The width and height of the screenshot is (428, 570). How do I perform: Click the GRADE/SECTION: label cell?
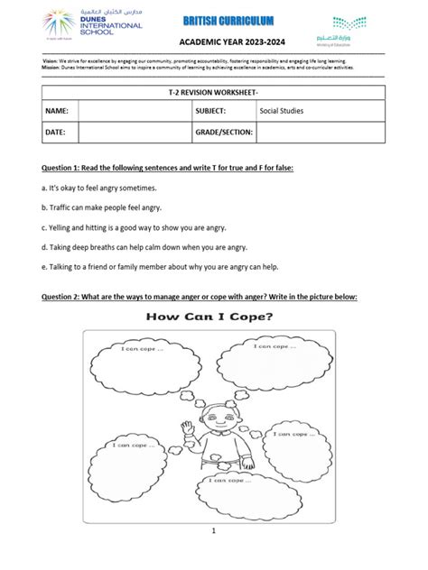(224, 133)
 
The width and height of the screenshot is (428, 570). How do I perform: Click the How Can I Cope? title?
(212, 317)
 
